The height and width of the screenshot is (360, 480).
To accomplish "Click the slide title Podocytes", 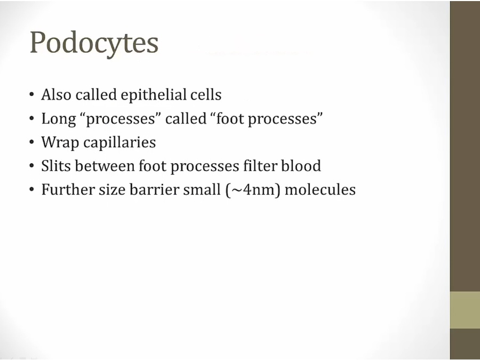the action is (x=94, y=43).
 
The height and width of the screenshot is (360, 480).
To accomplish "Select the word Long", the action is (x=59, y=119).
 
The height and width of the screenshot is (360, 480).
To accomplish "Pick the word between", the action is (x=105, y=166).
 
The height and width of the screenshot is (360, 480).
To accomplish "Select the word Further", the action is (x=68, y=189).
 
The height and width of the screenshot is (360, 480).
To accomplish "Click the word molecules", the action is (x=320, y=189).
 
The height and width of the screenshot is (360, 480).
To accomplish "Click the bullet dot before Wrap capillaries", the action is (x=32, y=142).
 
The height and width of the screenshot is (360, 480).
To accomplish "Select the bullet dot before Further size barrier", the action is (x=32, y=190).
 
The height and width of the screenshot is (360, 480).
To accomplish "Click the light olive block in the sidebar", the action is (x=465, y=310).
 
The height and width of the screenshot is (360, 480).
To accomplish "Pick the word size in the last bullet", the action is (x=112, y=190).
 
